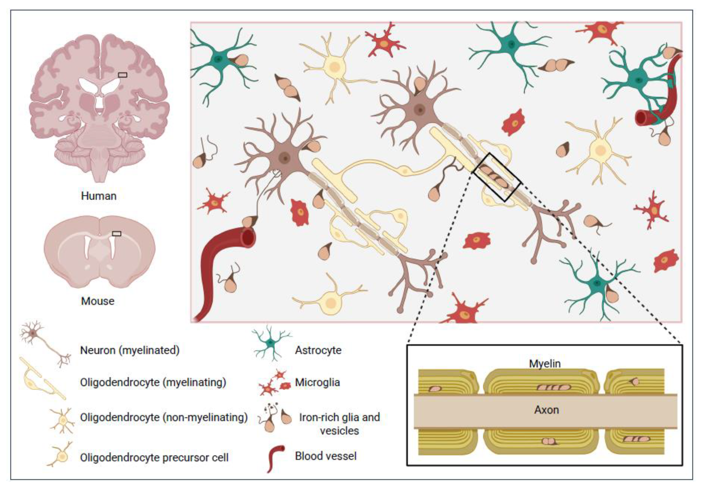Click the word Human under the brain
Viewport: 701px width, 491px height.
click(x=99, y=196)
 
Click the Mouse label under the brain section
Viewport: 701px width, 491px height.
click(x=98, y=301)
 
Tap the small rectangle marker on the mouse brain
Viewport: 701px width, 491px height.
click(x=116, y=234)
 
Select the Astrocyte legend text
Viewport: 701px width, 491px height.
click(x=318, y=350)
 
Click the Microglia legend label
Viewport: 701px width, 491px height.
click(x=317, y=383)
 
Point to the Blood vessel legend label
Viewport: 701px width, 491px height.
click(x=326, y=456)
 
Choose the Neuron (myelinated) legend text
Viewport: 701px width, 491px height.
click(x=130, y=350)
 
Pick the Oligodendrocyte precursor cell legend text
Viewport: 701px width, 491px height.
click(x=154, y=457)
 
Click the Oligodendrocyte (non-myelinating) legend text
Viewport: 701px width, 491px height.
click(x=164, y=417)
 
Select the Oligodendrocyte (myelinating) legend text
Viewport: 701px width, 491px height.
click(x=153, y=383)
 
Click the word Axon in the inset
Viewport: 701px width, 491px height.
click(x=546, y=410)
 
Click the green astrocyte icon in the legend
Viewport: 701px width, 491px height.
click(x=270, y=343)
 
